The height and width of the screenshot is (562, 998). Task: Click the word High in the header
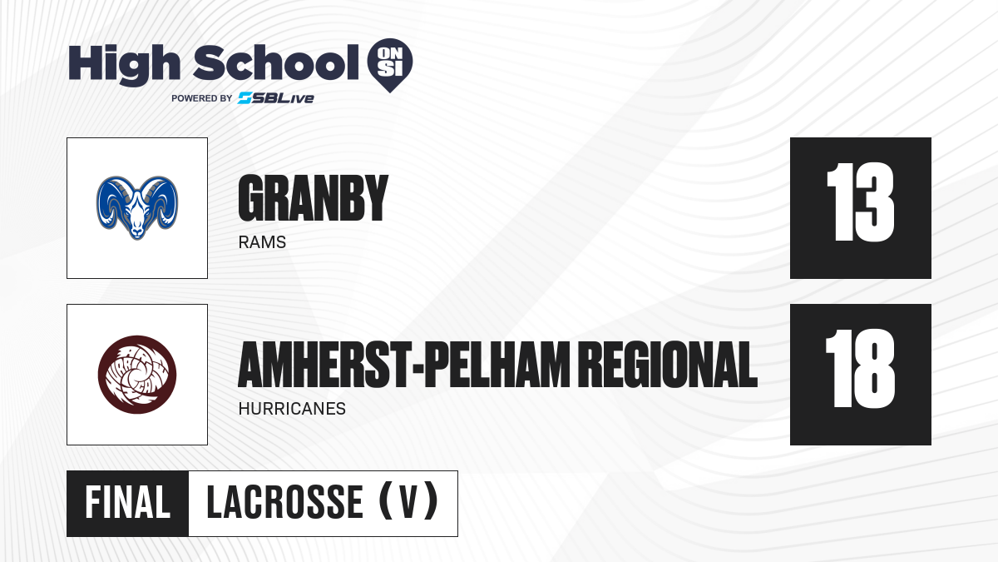(x=124, y=65)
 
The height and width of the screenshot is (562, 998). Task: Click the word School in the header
(x=276, y=62)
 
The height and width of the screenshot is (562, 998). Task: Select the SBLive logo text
(x=276, y=98)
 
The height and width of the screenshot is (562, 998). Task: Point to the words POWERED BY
(x=202, y=98)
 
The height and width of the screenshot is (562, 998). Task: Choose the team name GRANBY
(x=314, y=197)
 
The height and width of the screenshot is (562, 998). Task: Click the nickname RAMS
(x=262, y=242)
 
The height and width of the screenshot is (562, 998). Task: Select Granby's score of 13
(x=860, y=202)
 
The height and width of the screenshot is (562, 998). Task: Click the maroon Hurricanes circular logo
(x=137, y=375)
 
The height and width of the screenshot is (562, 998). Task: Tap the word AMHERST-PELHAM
(x=404, y=365)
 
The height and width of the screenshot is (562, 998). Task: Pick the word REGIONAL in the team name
(x=670, y=365)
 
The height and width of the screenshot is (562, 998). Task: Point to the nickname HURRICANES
(x=292, y=409)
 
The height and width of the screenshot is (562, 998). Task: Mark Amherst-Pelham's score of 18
(x=860, y=368)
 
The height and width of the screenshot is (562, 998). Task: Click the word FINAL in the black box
(x=128, y=503)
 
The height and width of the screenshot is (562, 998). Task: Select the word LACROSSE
(x=284, y=503)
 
